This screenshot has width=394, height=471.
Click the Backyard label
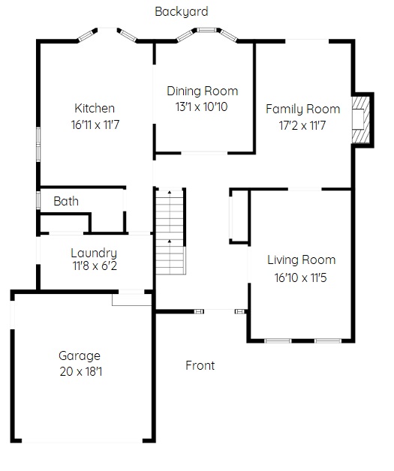[181, 12]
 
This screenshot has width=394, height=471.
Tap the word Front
[200, 365]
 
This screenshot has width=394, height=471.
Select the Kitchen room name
[95, 108]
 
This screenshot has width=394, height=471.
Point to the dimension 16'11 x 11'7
[95, 124]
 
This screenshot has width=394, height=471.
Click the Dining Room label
[203, 91]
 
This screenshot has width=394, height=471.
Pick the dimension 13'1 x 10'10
[201, 106]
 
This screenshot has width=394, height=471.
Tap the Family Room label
[302, 109]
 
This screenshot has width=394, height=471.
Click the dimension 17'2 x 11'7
[302, 125]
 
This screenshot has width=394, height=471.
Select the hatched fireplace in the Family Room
[361, 120]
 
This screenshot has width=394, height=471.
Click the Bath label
[66, 201]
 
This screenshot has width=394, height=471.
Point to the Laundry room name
[94, 253]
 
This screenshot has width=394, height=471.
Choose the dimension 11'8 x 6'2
[95, 265]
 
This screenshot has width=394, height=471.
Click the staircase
[170, 232]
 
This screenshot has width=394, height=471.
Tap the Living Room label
[301, 260]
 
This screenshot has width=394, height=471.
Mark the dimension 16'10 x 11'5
[300, 277]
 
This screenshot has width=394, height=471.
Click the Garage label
[80, 356]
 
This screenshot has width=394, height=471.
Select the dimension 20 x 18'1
[80, 371]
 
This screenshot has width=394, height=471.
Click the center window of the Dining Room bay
[206, 30]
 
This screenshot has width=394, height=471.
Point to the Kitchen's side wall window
[38, 145]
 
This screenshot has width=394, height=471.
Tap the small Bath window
[38, 200]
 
